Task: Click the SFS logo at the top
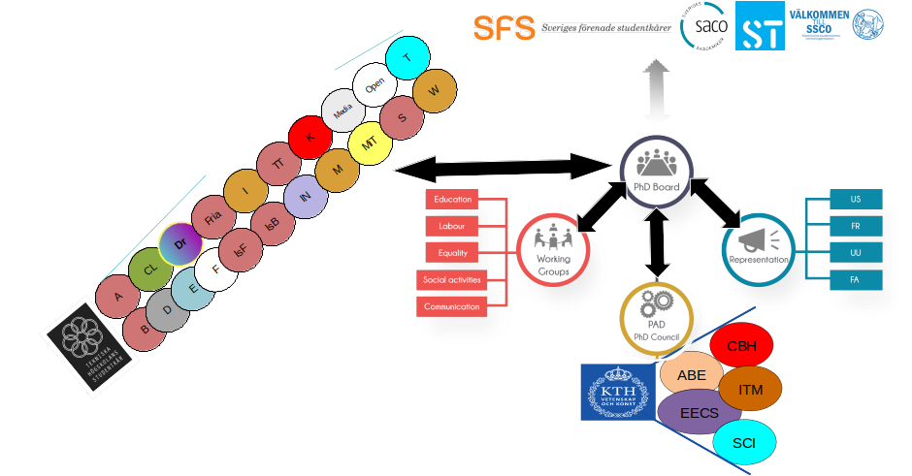tap(505, 28)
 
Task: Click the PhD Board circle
tap(655, 170)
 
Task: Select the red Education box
tap(452, 200)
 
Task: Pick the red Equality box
tap(452, 253)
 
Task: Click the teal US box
tap(855, 199)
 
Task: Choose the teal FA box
tap(855, 280)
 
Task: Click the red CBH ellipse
tap(742, 346)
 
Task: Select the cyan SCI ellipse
tap(744, 443)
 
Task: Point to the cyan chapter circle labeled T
tap(407, 57)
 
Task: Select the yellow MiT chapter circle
tap(369, 143)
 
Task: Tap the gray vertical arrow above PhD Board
tap(657, 92)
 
